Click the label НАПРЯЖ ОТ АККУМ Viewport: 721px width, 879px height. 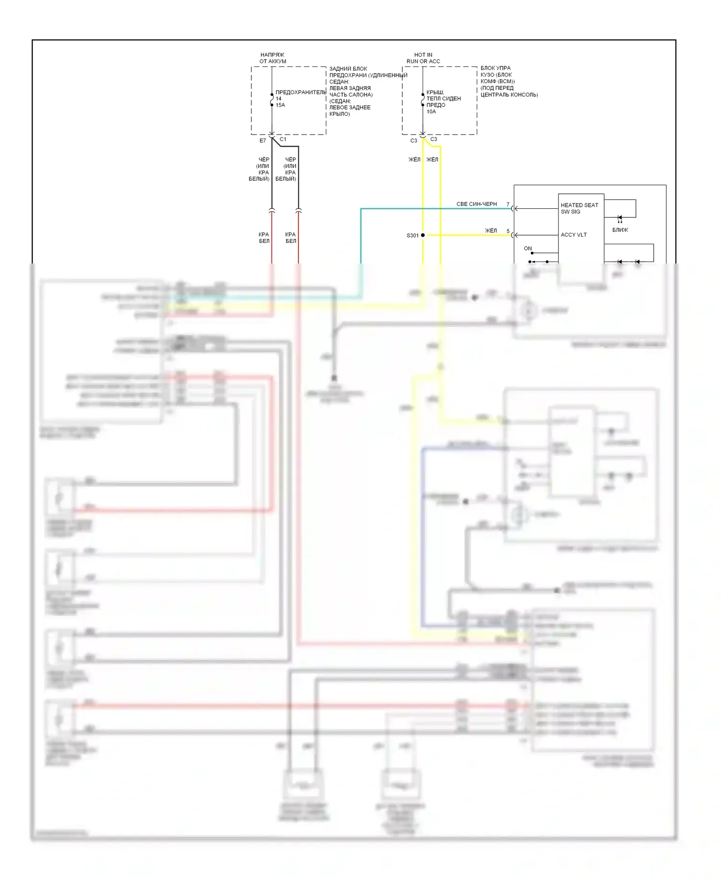tap(273, 58)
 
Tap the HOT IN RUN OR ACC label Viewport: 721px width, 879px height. tap(423, 58)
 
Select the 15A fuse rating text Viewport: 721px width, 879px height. tap(280, 105)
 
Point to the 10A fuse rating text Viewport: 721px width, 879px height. tap(431, 112)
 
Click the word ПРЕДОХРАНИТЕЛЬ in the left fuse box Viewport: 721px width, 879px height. tap(301, 92)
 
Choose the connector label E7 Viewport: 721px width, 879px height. tap(262, 141)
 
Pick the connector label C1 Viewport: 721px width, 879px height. tap(283, 139)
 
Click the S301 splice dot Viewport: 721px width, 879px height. tap(423, 235)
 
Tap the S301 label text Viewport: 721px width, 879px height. tap(412, 236)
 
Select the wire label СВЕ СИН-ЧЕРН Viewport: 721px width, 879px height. tap(476, 204)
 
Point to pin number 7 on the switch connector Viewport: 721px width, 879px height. tap(508, 205)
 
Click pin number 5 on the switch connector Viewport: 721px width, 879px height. tap(508, 231)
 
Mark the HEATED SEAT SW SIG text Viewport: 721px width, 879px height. tap(579, 208)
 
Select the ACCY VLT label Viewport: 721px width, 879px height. tap(573, 235)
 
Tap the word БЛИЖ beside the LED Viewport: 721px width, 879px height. tap(620, 230)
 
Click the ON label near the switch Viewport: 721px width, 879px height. tap(528, 249)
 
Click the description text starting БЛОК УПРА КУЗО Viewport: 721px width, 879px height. tap(509, 81)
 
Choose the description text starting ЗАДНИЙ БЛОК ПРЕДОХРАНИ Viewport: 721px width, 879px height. tap(368, 91)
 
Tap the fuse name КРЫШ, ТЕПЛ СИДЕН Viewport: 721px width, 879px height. tap(443, 95)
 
